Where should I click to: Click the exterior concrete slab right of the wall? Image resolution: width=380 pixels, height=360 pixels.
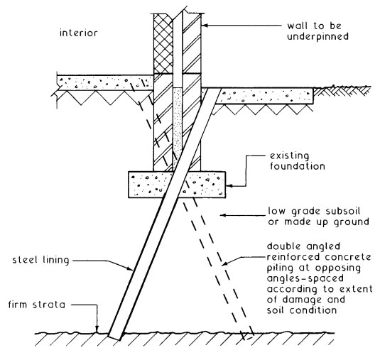[x=270, y=94]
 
